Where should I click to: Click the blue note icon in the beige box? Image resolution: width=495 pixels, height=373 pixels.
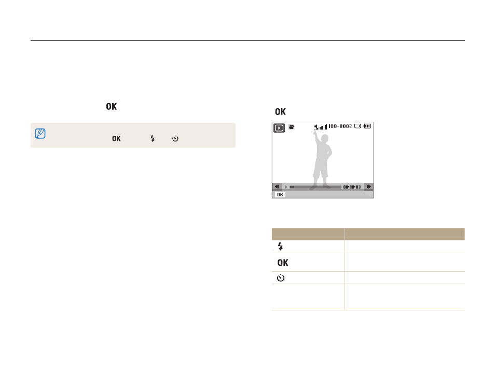[40, 133]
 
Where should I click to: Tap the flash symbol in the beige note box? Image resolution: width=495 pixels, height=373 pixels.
[153, 138]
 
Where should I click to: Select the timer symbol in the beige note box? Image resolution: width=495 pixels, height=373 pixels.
[175, 138]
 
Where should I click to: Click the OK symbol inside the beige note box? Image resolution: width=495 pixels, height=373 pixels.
[116, 138]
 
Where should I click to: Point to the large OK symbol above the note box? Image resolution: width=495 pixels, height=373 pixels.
[111, 107]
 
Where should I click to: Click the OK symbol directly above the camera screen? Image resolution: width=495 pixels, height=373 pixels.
[280, 111]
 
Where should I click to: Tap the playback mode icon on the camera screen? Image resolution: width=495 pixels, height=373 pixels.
[279, 128]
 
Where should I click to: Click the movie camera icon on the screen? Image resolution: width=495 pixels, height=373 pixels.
[292, 127]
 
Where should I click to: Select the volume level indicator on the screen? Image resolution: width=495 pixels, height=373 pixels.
[321, 127]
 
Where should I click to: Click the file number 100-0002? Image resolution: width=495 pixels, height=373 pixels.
[340, 126]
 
